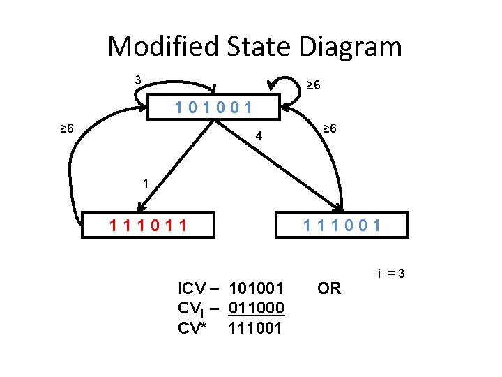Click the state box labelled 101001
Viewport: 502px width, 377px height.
point(214,108)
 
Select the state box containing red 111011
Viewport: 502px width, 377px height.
point(148,225)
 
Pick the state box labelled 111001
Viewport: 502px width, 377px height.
point(342,225)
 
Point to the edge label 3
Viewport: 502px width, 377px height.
point(138,80)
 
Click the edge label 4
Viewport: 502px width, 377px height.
point(259,137)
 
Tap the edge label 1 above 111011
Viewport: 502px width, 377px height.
point(145,184)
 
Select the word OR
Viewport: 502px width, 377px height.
point(329,288)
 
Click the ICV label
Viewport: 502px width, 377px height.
point(194,288)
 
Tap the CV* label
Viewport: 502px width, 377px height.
point(192,327)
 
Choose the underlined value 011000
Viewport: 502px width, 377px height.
point(256,308)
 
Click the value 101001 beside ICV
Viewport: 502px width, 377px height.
point(256,288)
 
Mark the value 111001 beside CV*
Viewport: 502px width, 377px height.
point(256,327)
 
